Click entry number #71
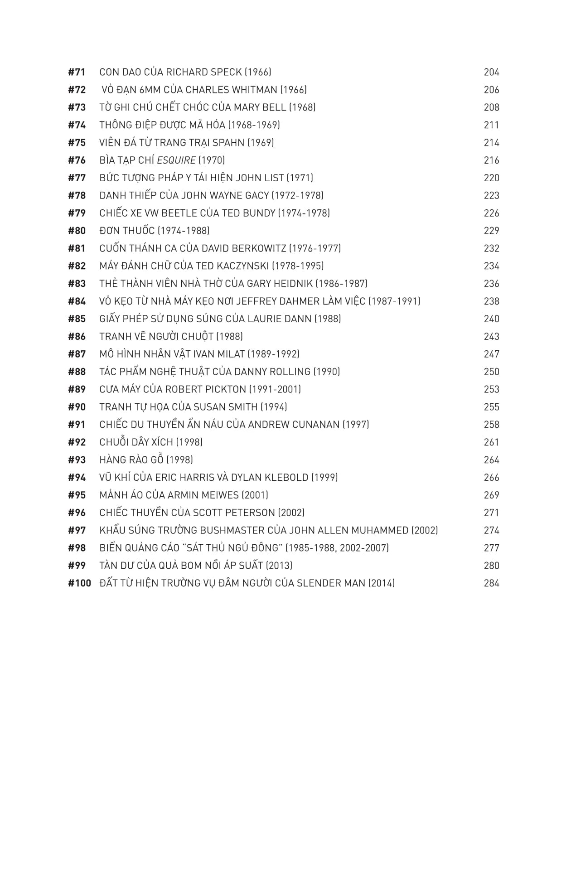click(x=77, y=72)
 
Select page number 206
click(x=491, y=90)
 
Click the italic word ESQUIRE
click(x=176, y=160)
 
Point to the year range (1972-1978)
click(x=297, y=196)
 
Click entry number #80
click(x=77, y=231)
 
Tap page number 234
click(x=491, y=266)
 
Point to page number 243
click(x=491, y=337)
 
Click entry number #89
click(x=77, y=389)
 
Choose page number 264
click(x=491, y=460)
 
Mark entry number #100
click(x=79, y=584)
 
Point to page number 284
click(x=491, y=584)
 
